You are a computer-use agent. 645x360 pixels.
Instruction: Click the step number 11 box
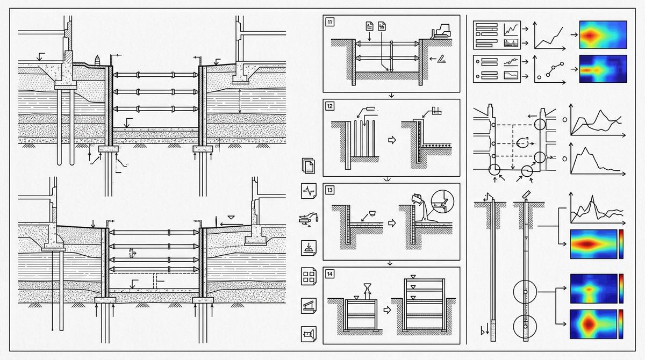tap(329, 22)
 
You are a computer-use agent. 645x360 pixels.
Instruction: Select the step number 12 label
tap(329, 106)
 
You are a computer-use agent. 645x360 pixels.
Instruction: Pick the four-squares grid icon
tap(309, 277)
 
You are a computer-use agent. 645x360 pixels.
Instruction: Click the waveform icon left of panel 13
tap(309, 190)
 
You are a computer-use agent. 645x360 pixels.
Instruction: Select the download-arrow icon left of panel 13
tap(309, 248)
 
